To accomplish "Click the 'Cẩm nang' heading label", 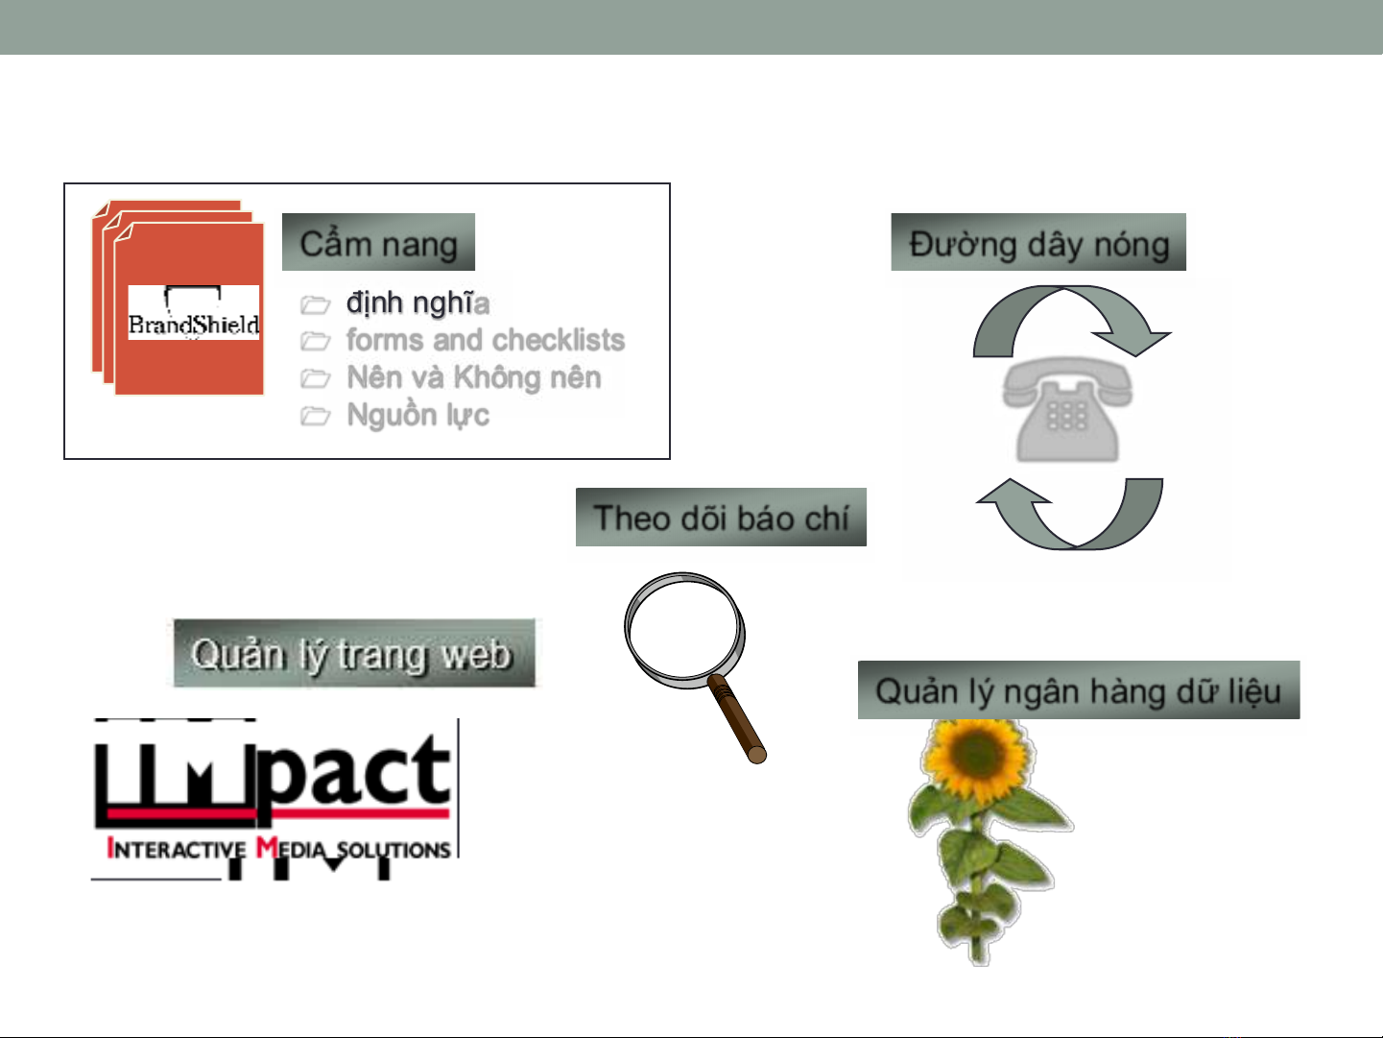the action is click(379, 243).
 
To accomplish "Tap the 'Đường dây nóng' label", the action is click(1038, 243).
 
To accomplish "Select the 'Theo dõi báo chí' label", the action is click(721, 518).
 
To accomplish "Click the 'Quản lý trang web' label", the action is click(354, 653).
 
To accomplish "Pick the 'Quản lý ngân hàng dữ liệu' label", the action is click(1079, 690).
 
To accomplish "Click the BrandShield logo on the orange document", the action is click(194, 313).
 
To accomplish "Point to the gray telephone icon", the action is click(1067, 409).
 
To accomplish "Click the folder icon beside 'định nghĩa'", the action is click(315, 304).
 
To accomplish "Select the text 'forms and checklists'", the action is click(485, 340).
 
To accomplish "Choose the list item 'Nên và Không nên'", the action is click(474, 377).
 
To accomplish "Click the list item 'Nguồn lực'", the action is click(417, 416).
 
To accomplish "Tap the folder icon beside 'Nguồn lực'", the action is click(315, 417).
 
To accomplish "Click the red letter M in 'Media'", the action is click(267, 847).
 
